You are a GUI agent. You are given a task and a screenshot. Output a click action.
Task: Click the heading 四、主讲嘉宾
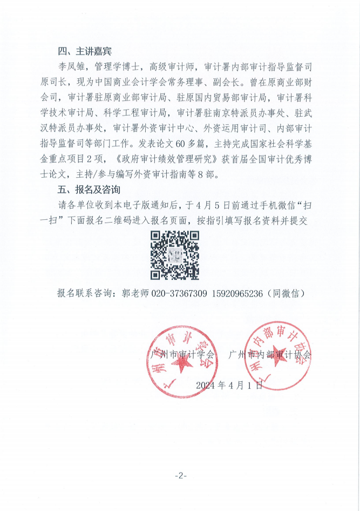pyautogui.click(x=84, y=52)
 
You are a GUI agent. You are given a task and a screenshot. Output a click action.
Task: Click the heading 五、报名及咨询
pyautogui.click(x=89, y=191)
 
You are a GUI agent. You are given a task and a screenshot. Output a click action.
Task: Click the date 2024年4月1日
pyautogui.click(x=229, y=385)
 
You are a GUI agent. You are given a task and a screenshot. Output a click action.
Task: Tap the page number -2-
pyautogui.click(x=180, y=475)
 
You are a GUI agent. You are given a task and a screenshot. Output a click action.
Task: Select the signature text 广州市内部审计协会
pyautogui.click(x=270, y=355)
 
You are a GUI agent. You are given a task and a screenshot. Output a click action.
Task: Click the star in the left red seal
pyautogui.click(x=175, y=367)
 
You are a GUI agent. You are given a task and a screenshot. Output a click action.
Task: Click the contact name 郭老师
pyautogui.click(x=134, y=293)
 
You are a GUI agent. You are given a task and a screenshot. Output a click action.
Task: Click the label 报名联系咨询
pyautogui.click(x=85, y=293)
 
